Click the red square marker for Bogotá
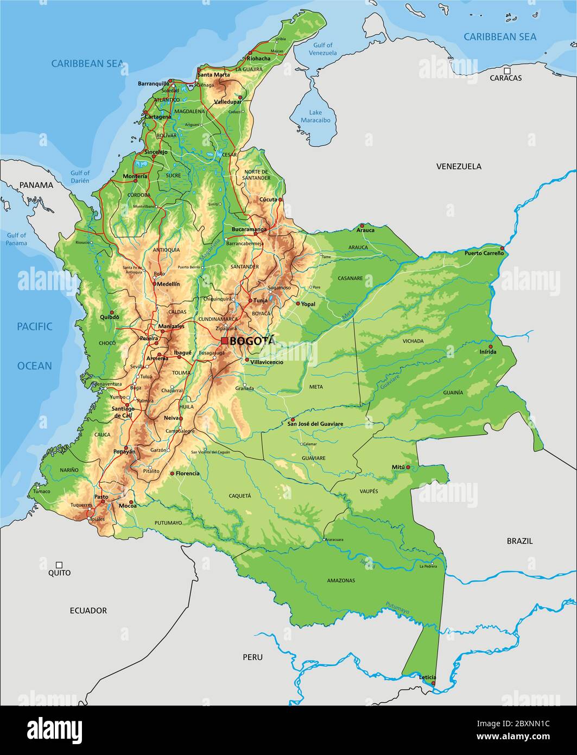pyautogui.click(x=224, y=341)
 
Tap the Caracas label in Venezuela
pyautogui.click(x=505, y=78)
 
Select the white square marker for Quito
pyautogui.click(x=59, y=565)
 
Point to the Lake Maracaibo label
pyautogui.click(x=312, y=116)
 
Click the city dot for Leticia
pyautogui.click(x=433, y=683)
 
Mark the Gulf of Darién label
pyautogui.click(x=80, y=177)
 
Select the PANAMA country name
pyautogui.click(x=36, y=185)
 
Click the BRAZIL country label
pyautogui.click(x=519, y=541)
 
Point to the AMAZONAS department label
pyautogui.click(x=341, y=581)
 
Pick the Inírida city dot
pyautogui.click(x=490, y=346)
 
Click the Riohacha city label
pyautogui.click(x=258, y=59)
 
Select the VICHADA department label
pyautogui.click(x=413, y=341)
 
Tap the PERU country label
pyautogui.click(x=252, y=657)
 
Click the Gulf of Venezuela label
pyautogui.click(x=322, y=49)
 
